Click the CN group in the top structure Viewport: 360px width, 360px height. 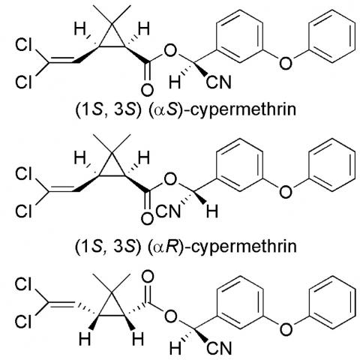tap(218, 82)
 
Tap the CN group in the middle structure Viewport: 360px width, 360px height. tap(167, 211)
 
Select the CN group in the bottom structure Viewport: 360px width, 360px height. tap(219, 348)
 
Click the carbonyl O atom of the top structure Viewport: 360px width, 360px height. tap(147, 91)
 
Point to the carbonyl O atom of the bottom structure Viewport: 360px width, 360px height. tap(148, 276)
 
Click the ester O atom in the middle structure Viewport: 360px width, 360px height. tap(171, 179)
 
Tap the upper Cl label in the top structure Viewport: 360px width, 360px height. tap(23, 45)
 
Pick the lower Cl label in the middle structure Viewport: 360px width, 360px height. tap(23, 211)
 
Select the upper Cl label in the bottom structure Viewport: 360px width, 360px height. tap(23, 284)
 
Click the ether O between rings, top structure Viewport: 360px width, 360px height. tap(285, 63)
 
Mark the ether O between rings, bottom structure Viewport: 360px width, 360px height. tap(286, 329)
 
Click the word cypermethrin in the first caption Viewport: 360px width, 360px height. tap(242, 110)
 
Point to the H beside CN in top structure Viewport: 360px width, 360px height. tap(175, 82)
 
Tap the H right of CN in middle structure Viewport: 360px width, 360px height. tap(212, 211)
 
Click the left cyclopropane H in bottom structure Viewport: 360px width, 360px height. tap(85, 339)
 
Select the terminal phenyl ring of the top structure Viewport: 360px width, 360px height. tap(332, 36)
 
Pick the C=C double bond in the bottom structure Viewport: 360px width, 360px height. tap(61, 304)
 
